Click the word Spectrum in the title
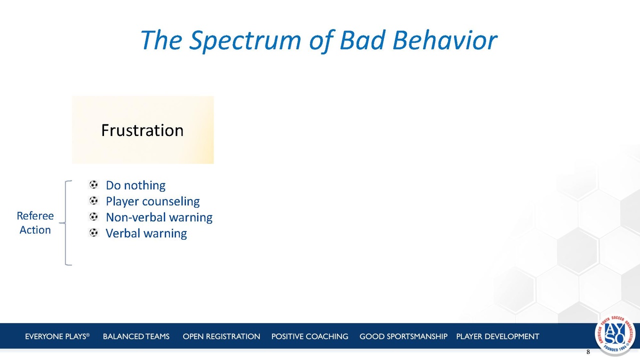(x=245, y=41)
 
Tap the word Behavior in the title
(x=445, y=40)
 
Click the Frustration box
(x=142, y=129)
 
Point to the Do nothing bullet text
(x=135, y=185)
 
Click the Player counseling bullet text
(x=152, y=201)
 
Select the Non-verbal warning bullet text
(x=159, y=217)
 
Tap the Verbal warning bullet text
(x=146, y=233)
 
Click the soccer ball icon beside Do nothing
(x=93, y=184)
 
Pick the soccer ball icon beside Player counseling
(x=93, y=200)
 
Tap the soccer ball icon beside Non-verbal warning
(x=93, y=216)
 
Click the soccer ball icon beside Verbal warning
(x=93, y=232)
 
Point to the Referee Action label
(x=35, y=223)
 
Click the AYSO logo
(x=615, y=334)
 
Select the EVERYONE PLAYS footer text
(x=57, y=336)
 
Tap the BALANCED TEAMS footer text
(x=136, y=336)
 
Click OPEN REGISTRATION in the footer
(x=221, y=336)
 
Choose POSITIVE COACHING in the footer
(x=309, y=336)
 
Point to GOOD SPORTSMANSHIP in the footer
(x=403, y=336)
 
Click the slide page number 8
(x=588, y=352)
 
